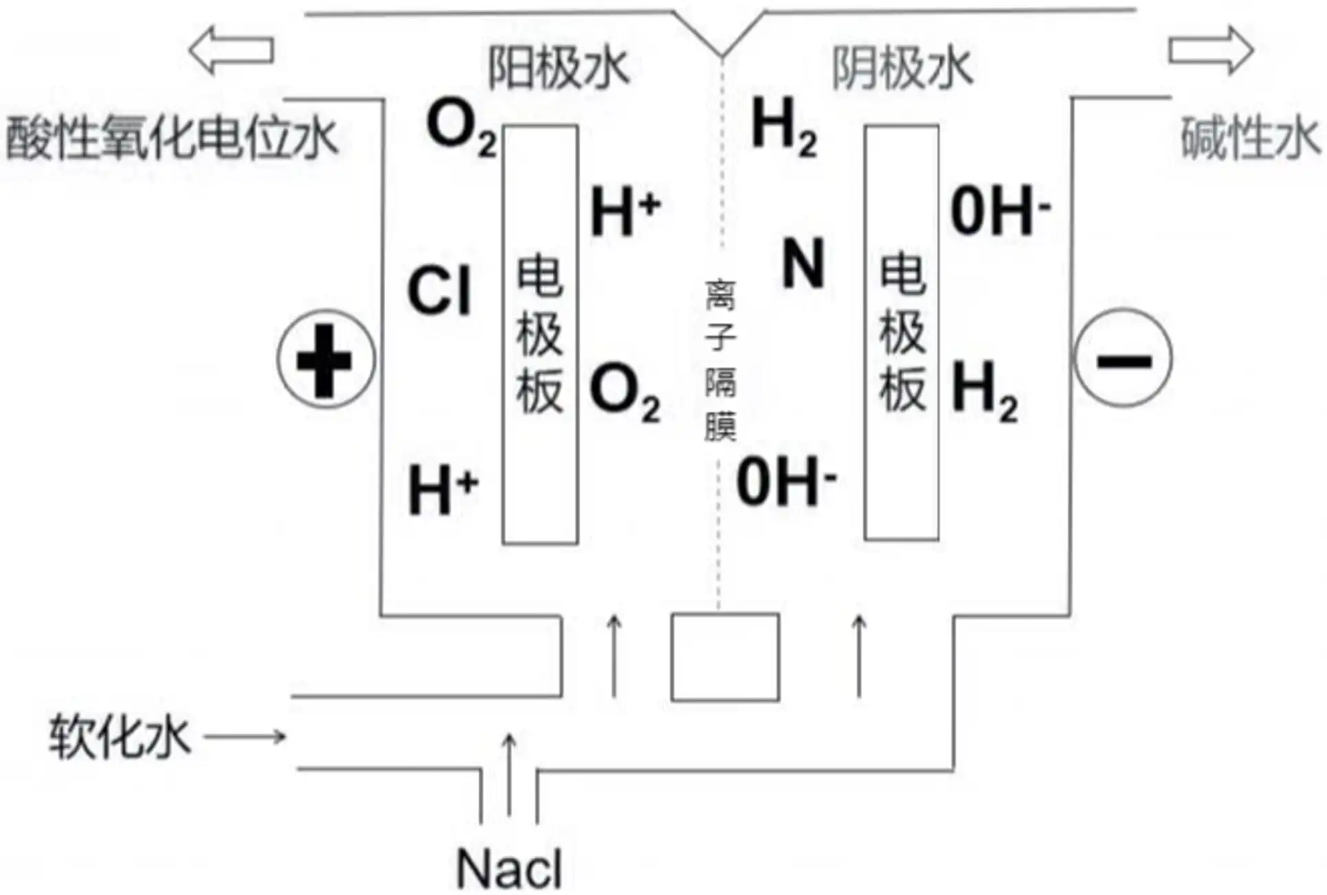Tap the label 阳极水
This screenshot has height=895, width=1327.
(558, 68)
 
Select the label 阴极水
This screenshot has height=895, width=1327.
(902, 68)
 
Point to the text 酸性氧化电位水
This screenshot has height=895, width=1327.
(171, 138)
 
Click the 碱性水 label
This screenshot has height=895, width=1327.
(1249, 138)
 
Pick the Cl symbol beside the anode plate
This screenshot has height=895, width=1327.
(439, 291)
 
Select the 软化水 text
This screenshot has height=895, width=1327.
(119, 738)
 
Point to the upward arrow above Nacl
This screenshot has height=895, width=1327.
(509, 773)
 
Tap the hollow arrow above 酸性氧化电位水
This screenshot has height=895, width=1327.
(231, 50)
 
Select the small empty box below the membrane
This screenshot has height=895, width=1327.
(725, 657)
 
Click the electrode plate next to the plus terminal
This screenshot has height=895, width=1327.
(540, 335)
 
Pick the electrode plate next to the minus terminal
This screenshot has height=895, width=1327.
(901, 333)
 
